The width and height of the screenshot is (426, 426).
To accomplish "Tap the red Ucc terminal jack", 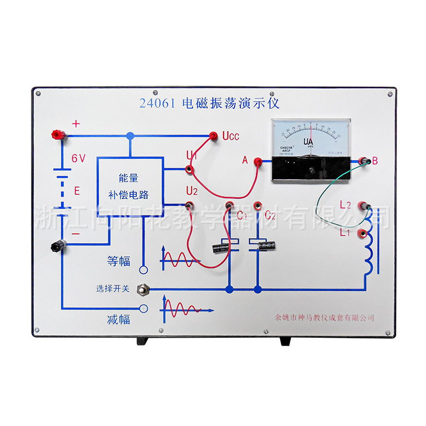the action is (x=214, y=136).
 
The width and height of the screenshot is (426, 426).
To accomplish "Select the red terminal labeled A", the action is (x=257, y=161).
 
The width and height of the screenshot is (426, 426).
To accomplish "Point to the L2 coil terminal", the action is (x=365, y=206).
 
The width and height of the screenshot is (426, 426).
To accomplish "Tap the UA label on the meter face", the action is (x=308, y=142).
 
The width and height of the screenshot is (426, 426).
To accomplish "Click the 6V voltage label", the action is (x=79, y=158).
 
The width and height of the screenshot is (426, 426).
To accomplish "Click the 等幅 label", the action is (x=119, y=261).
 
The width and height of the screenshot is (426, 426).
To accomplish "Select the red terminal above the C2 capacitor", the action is (x=258, y=204).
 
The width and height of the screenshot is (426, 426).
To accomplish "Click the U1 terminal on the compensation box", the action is (x=189, y=169).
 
